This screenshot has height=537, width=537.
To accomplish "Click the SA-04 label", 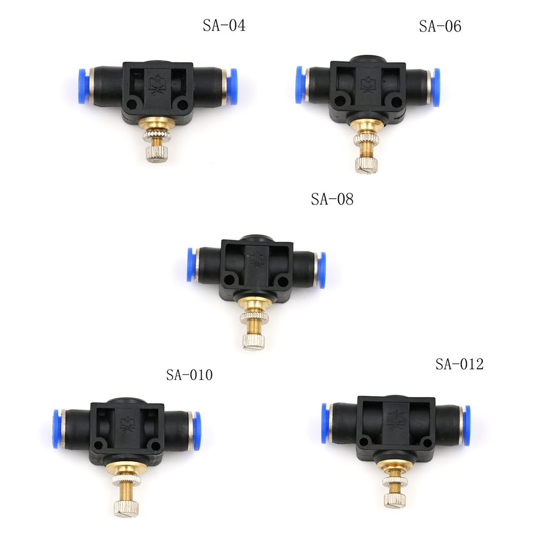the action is [x=224, y=25].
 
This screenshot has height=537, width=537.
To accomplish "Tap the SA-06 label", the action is [x=440, y=26].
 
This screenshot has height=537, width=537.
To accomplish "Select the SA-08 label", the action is [x=332, y=199].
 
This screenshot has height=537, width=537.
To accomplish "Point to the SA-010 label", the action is [x=189, y=375].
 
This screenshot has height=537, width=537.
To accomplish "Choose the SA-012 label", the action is [x=459, y=364].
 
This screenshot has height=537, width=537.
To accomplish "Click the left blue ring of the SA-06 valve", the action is [x=300, y=85].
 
